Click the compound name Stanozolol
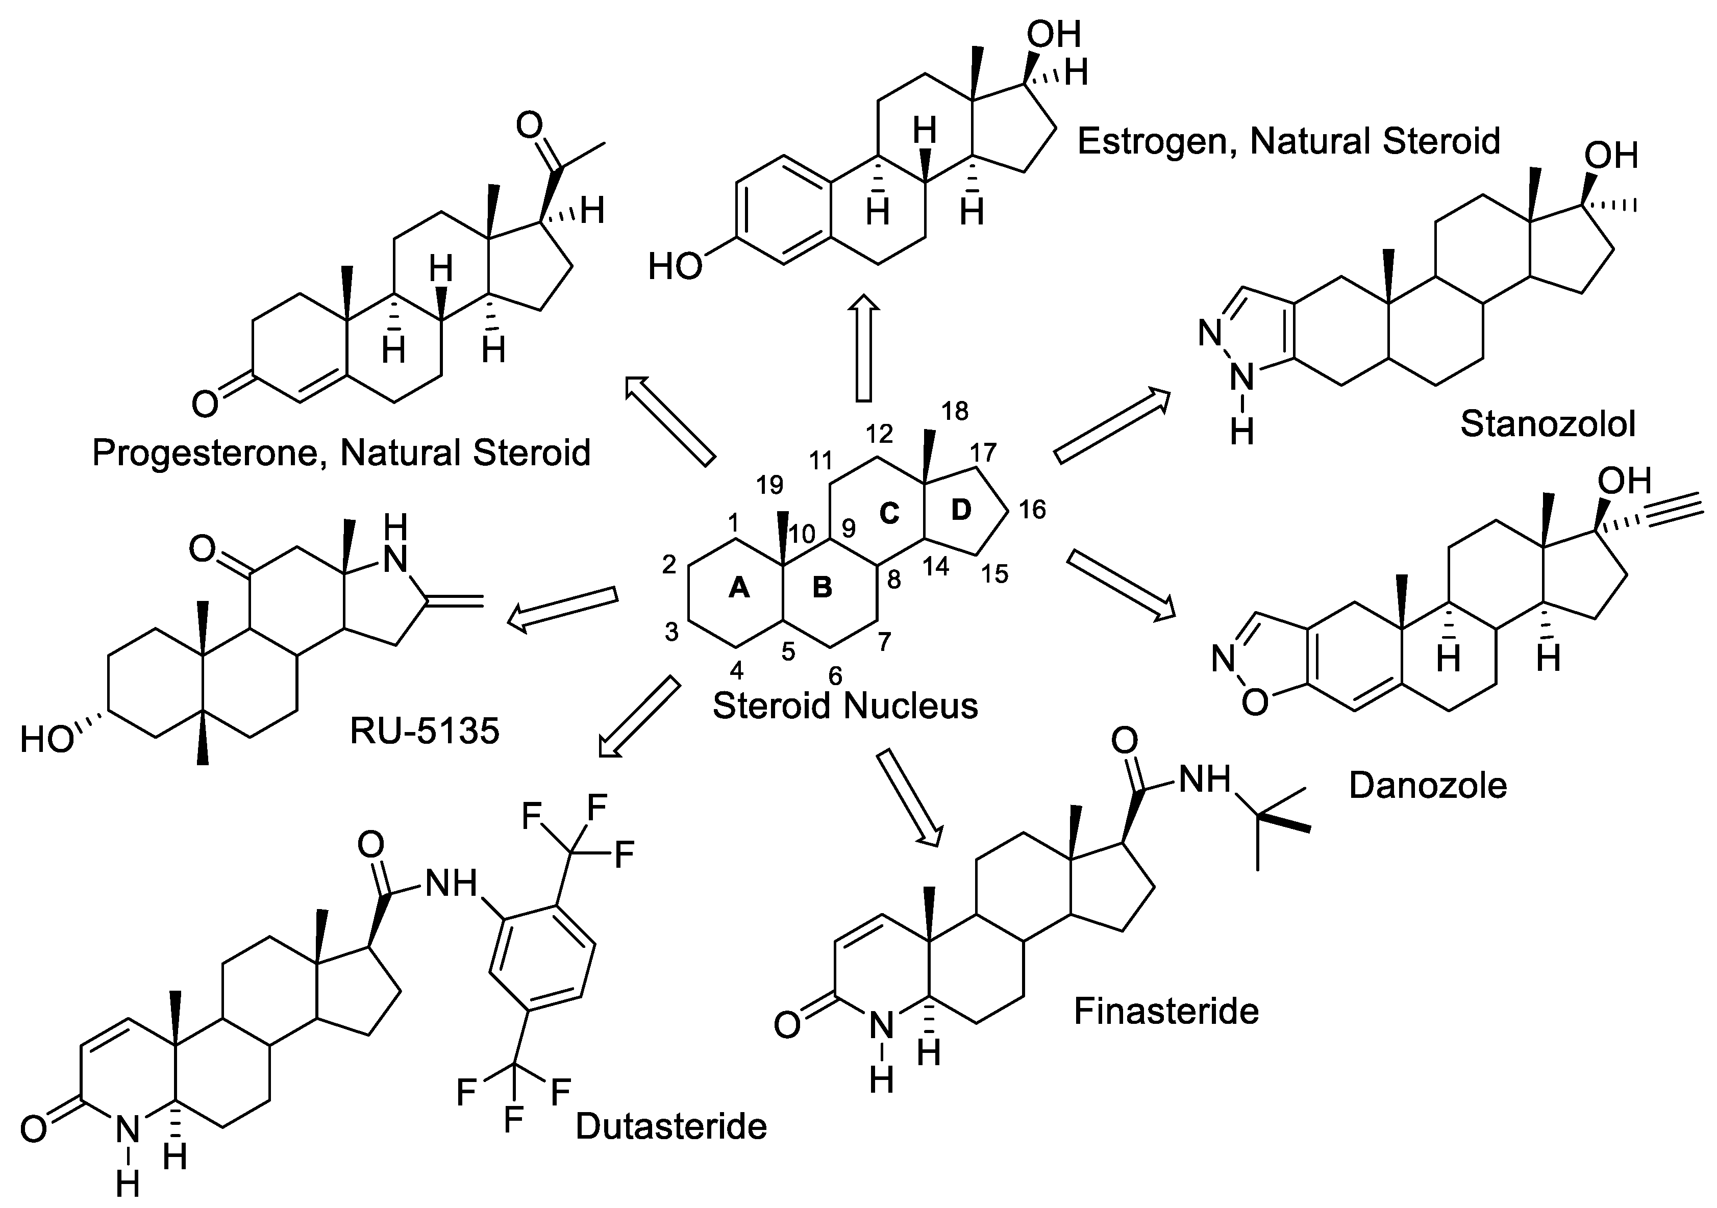tap(1548, 424)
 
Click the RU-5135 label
tap(424, 731)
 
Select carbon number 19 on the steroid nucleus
tap(769, 485)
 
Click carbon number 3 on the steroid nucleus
tap(671, 633)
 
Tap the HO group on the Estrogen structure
tap(675, 266)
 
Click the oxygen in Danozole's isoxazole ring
tap(1256, 702)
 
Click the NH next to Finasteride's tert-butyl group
tap(1204, 781)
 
